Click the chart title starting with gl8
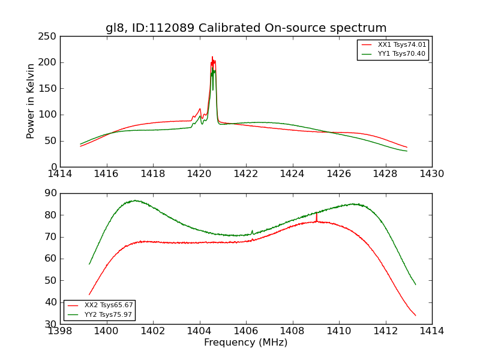pos(246,28)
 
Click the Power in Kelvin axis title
pos(31,101)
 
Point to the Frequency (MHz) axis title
pos(246,343)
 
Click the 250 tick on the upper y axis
pos(49,37)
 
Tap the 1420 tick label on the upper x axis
pos(199,173)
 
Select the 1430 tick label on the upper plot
pos(431,173)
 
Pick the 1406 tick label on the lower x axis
pos(246,331)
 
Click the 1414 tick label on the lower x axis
pos(431,331)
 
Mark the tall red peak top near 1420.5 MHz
pos(212,58)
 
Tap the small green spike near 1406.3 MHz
pos(252,230)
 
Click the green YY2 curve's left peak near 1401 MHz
pos(135,200)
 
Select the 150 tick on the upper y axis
pos(49,89)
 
